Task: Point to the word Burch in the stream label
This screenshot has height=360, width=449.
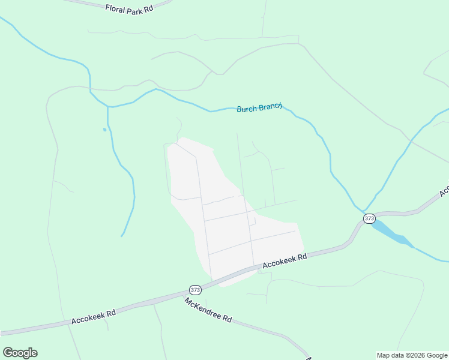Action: (x=247, y=109)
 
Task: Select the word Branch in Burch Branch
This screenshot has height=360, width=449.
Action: (x=271, y=107)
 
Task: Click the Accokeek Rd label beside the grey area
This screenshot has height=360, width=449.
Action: (x=285, y=260)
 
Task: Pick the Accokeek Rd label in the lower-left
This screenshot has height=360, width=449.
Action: (x=93, y=317)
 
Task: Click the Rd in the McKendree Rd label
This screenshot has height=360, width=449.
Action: (x=227, y=318)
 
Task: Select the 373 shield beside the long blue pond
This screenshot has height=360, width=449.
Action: (x=369, y=218)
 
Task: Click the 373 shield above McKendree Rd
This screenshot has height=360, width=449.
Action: (x=195, y=289)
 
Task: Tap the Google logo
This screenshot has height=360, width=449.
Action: (x=20, y=353)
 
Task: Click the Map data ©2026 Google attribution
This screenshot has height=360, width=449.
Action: (x=412, y=355)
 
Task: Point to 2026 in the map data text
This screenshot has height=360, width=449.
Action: (x=417, y=355)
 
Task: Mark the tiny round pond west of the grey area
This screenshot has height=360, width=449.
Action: (x=104, y=129)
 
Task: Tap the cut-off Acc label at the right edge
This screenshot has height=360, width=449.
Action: (x=444, y=191)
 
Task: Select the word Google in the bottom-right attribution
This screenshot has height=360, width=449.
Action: (x=437, y=355)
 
